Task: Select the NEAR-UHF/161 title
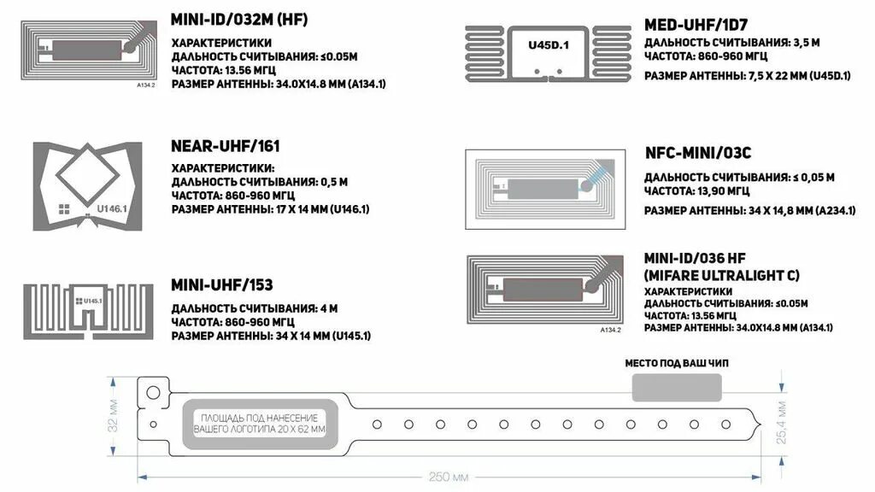tap(226, 146)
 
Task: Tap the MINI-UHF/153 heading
tap(222, 284)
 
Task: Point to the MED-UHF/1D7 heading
tap(697, 24)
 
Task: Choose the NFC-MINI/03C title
tap(698, 154)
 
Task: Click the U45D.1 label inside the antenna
tap(548, 44)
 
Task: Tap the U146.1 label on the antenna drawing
tap(111, 208)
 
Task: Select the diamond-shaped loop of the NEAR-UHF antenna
tap(88, 171)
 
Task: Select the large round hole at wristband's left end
tap(153, 392)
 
